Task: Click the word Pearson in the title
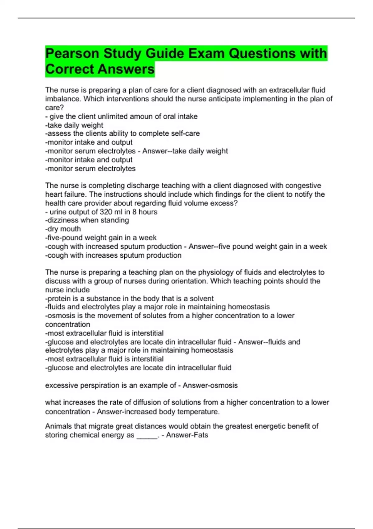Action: [72, 54]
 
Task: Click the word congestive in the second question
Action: [303, 186]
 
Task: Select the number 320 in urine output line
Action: [107, 212]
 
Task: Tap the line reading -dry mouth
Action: [63, 229]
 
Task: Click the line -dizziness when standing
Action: [87, 220]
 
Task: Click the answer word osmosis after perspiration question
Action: [223, 386]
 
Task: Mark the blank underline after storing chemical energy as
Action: [147, 436]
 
